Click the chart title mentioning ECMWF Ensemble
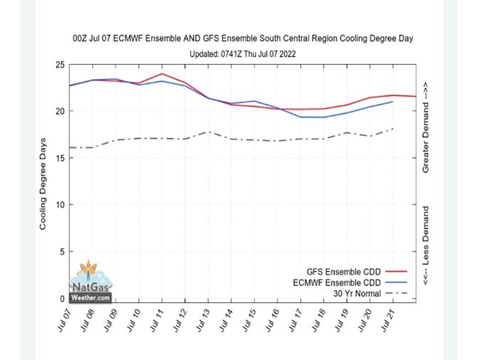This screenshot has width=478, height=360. tap(242, 38)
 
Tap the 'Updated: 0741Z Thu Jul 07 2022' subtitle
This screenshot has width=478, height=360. tap(242, 53)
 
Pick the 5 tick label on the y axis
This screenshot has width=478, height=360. tap(62, 252)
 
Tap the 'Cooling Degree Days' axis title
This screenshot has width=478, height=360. tap(43, 182)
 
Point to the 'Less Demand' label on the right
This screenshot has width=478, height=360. tap(425, 246)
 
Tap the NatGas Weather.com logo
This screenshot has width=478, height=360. tap(90, 282)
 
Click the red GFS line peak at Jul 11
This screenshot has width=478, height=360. tap(162, 74)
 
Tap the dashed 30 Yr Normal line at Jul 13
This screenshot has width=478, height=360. tap(207, 132)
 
